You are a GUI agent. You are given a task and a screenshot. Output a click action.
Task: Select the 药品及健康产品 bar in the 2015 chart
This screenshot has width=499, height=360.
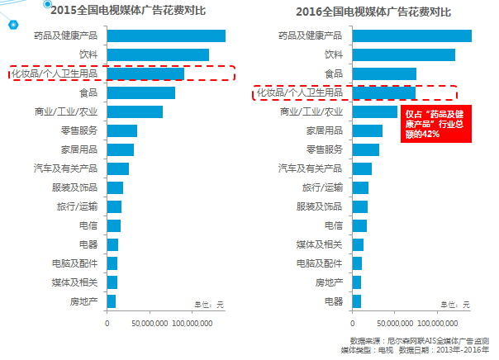tap(166, 36)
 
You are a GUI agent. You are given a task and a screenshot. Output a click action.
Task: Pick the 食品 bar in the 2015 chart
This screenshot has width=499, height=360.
tap(140, 93)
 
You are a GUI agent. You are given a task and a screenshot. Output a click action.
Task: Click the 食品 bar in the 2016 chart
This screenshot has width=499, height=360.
tap(384, 73)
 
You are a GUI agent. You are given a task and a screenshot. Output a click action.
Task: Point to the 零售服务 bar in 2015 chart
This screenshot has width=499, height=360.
tap(121, 130)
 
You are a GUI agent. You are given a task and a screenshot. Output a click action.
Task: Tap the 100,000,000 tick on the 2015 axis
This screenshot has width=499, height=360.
tap(192, 323)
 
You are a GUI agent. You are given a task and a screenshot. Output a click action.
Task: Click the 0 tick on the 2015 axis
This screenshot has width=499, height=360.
tap(107, 323)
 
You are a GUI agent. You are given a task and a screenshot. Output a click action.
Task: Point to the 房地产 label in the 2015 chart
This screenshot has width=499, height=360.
tap(85, 301)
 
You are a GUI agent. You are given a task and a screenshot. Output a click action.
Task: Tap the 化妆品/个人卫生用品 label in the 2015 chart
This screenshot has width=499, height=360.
tap(55, 74)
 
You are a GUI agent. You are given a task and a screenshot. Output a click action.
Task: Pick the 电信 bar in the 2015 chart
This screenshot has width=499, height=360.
tap(113, 225)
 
